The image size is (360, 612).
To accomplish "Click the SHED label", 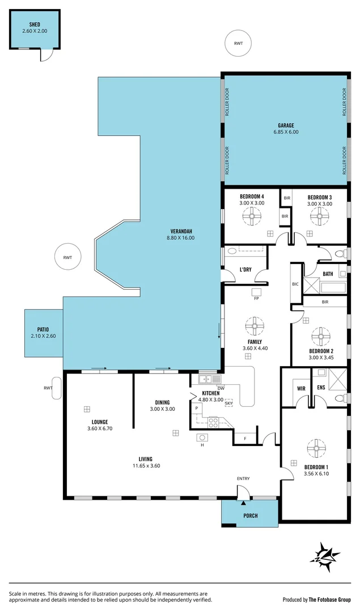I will click(35, 25).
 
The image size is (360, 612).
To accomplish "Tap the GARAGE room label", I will click(285, 125).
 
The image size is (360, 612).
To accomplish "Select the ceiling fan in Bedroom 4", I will click(251, 215).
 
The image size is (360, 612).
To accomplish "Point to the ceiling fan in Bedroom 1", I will click(314, 448).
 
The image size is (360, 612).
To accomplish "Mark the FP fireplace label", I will click(256, 299).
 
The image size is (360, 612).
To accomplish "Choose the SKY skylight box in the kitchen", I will click(229, 402).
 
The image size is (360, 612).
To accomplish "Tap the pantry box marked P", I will click(197, 407).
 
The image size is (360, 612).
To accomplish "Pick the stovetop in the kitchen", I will click(214, 422).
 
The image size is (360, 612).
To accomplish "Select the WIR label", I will click(301, 389).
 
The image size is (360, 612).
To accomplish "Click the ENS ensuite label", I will click(321, 389).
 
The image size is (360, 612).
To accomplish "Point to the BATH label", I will click(328, 274).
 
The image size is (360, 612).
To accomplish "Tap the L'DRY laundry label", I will click(245, 269).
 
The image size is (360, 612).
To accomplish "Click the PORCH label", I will click(250, 515).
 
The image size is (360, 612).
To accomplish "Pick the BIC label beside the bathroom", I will click(295, 284).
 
